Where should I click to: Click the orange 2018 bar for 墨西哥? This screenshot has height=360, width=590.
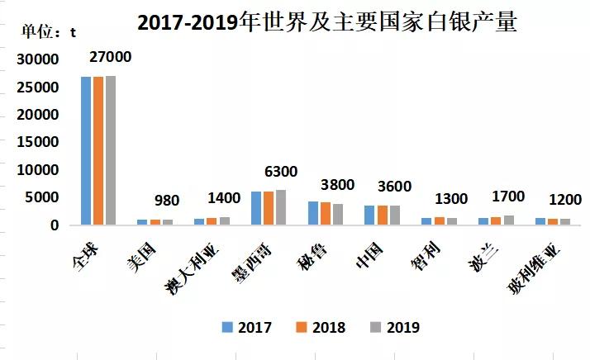click(x=269, y=208)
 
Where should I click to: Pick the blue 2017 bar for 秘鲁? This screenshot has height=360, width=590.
click(x=313, y=213)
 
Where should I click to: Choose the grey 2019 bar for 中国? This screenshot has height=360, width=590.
click(x=394, y=215)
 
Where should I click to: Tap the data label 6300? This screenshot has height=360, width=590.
click(x=280, y=172)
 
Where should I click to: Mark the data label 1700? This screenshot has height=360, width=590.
click(x=507, y=197)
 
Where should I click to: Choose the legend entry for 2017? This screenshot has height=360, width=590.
click(x=246, y=327)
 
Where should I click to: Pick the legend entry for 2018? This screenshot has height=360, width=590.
click(x=321, y=327)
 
